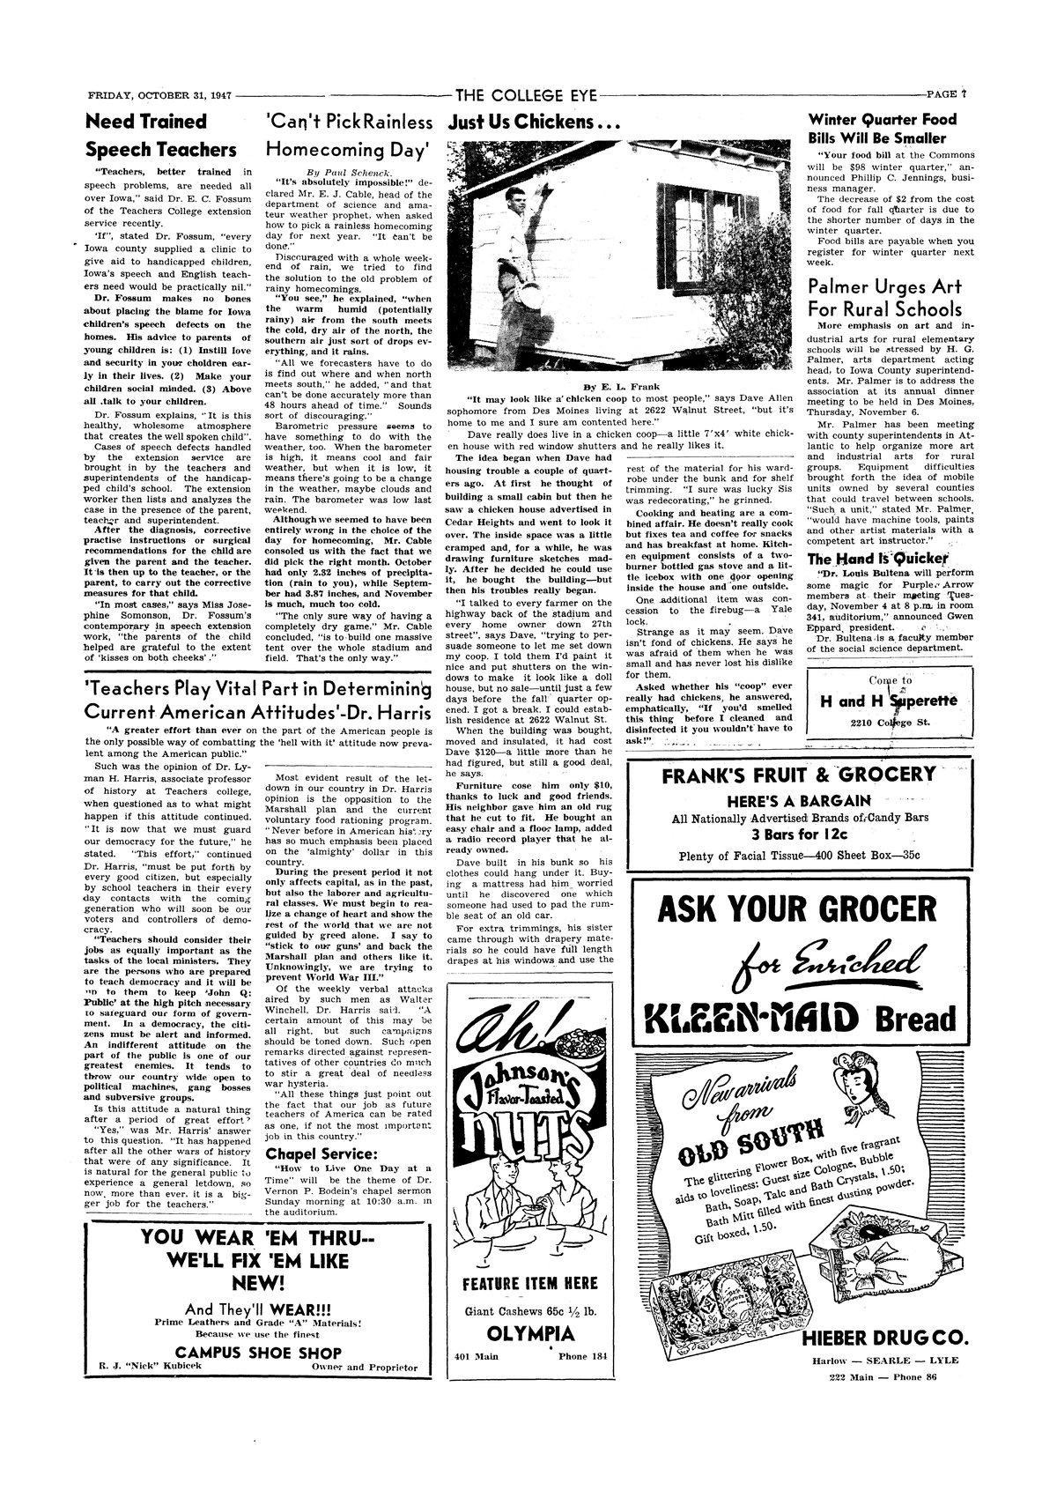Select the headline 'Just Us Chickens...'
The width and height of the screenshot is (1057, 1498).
click(x=529, y=122)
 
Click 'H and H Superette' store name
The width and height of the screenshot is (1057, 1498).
click(x=890, y=700)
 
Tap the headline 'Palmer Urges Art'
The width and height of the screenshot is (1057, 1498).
click(x=884, y=287)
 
